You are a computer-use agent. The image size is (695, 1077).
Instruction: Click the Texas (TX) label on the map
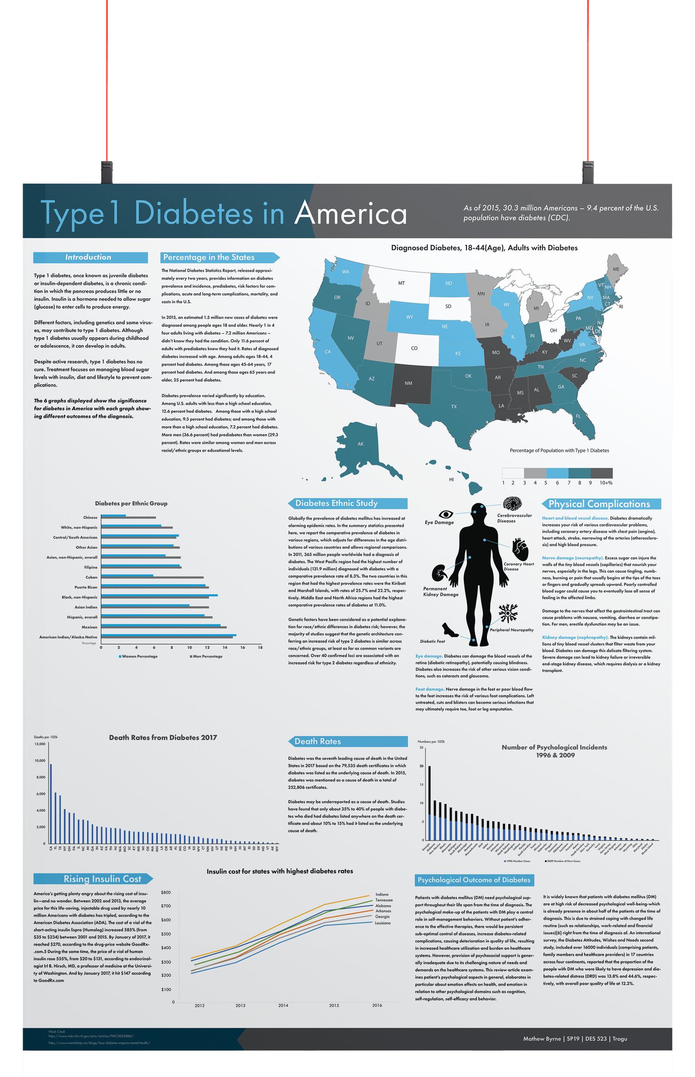pos(453,407)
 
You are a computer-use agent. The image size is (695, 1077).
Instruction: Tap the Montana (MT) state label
pos(401,283)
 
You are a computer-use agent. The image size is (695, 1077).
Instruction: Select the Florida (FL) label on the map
pos(578,416)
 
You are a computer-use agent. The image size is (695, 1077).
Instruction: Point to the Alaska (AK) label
pos(361,444)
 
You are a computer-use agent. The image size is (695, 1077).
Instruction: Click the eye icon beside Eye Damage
pos(446,514)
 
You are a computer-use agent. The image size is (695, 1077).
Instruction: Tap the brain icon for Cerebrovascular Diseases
pos(512,503)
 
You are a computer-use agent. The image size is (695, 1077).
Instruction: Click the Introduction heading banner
pos(90,257)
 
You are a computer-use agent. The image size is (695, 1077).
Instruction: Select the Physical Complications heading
pos(599,504)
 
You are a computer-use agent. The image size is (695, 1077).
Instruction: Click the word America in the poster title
pos(351,213)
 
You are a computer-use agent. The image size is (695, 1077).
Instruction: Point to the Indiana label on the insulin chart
pos(382,894)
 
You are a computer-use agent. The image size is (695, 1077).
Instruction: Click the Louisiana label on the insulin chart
pos(383,923)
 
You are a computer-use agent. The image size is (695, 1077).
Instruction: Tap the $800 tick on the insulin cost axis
pos(166,892)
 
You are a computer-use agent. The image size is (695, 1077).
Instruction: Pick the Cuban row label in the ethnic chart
pos(91,577)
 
